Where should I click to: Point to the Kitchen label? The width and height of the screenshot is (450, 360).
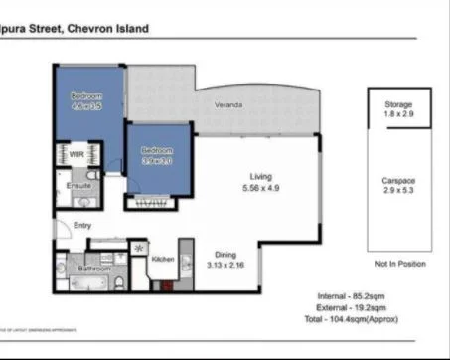click(163, 260)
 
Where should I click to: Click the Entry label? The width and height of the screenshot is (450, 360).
click(83, 225)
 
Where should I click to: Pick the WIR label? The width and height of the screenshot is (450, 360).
click(76, 154)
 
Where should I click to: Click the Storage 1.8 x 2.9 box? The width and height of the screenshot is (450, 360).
click(397, 109)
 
